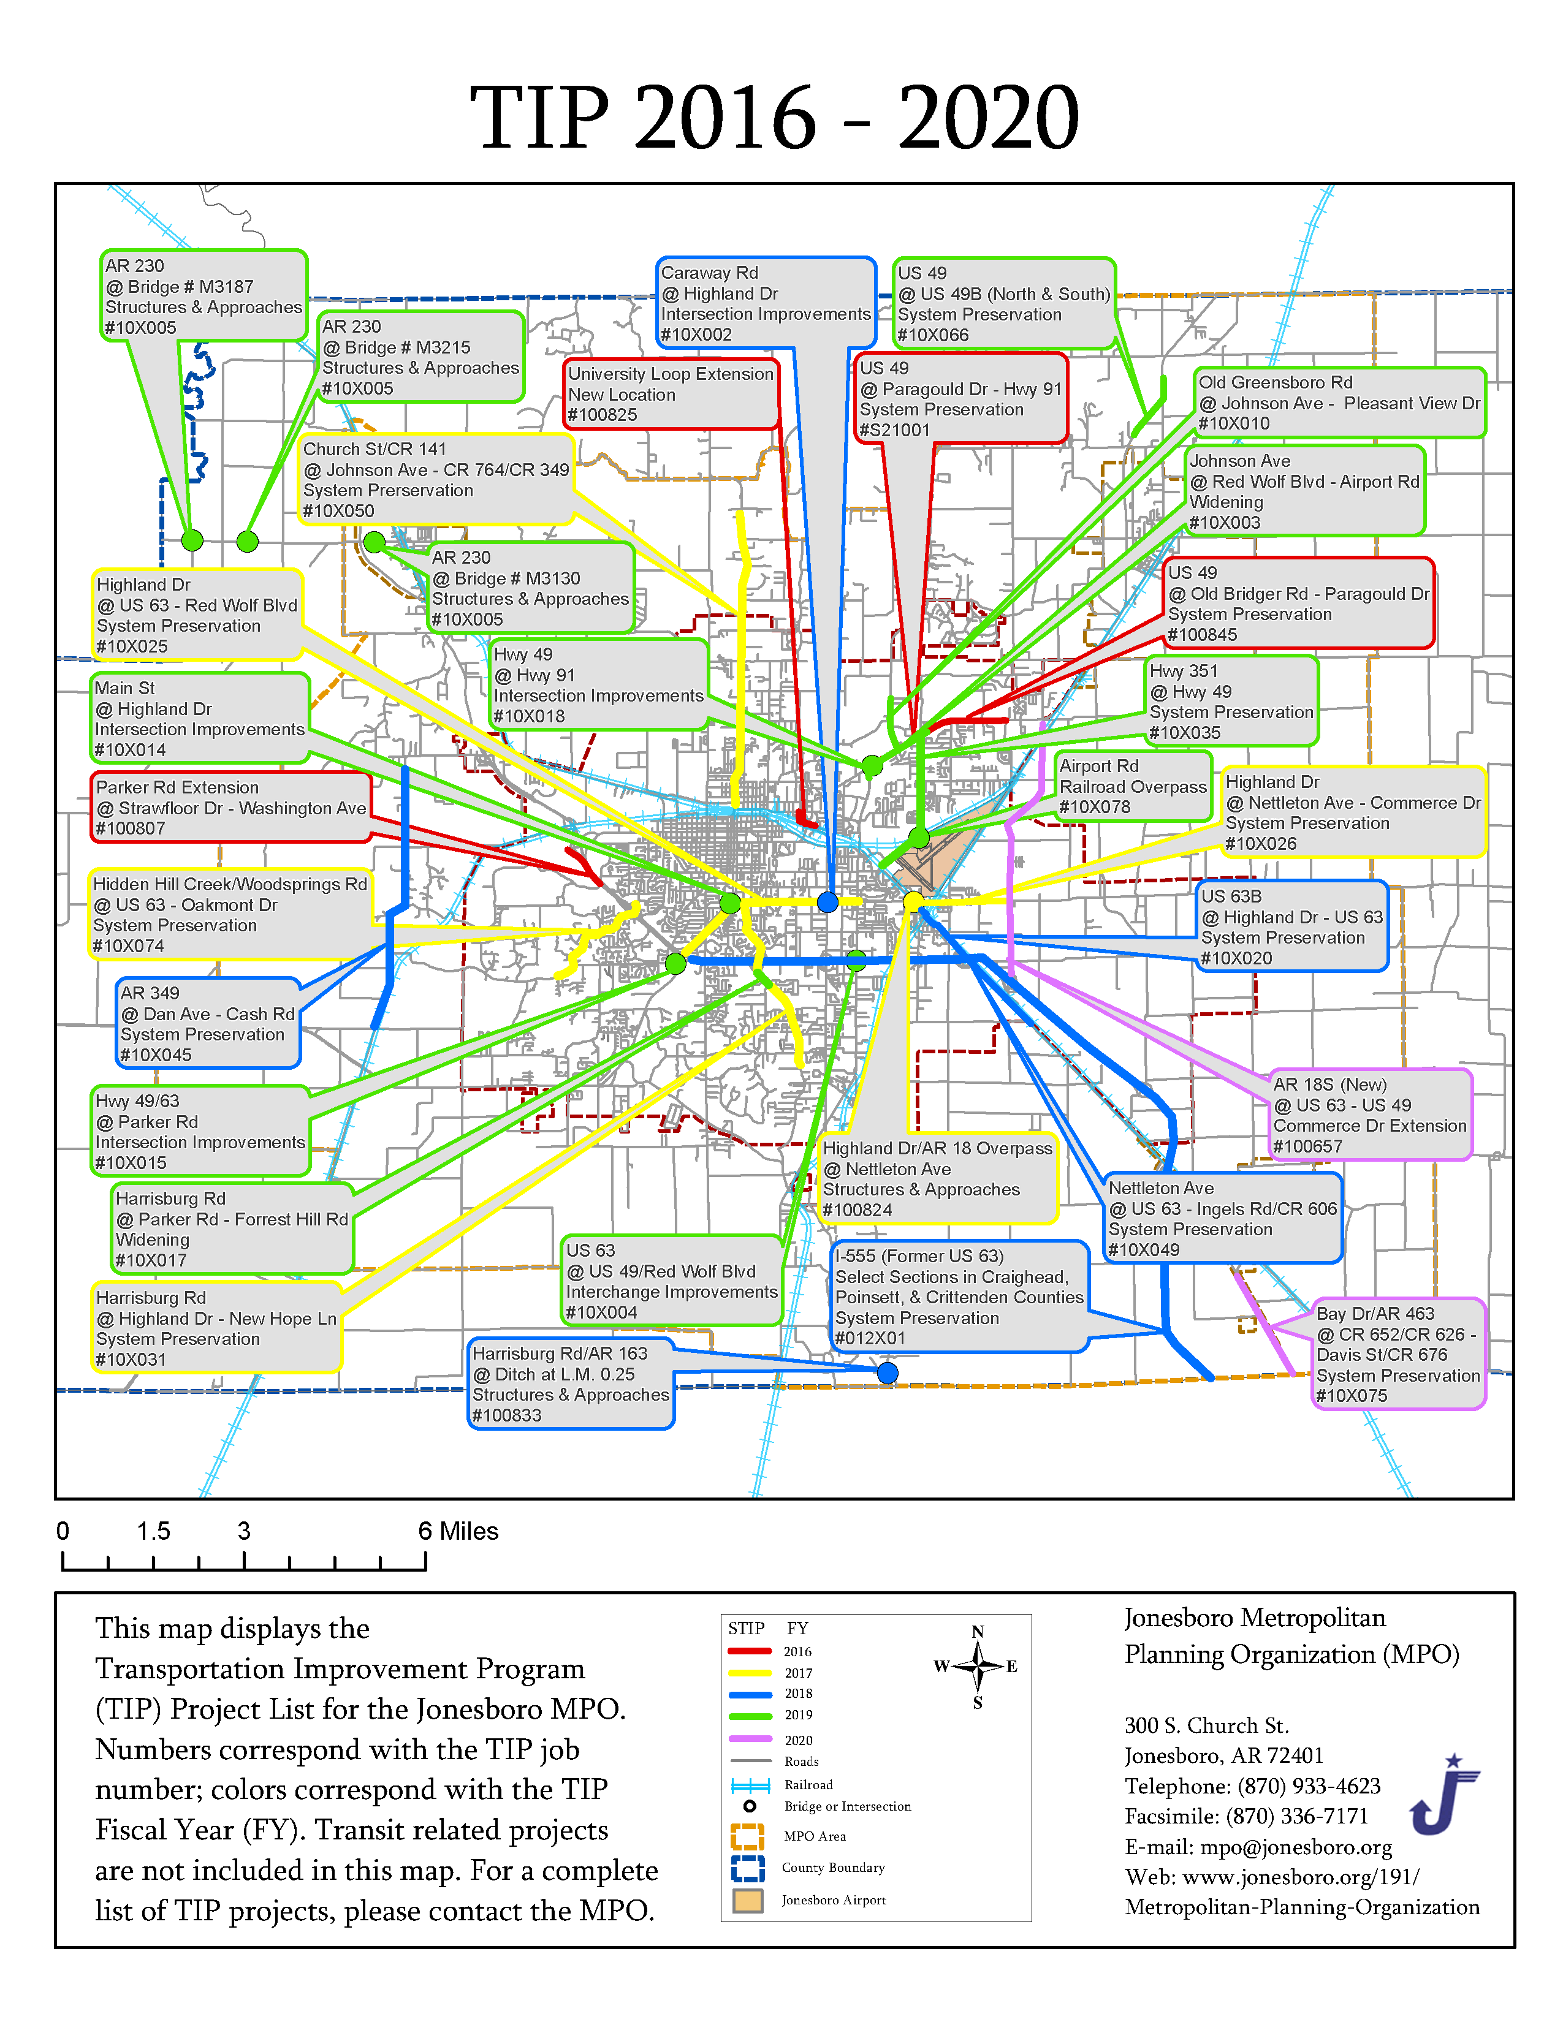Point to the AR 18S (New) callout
(x=1369, y=1115)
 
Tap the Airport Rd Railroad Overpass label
(x=1133, y=786)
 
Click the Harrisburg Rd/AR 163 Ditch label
(x=571, y=1383)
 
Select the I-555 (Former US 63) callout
(x=959, y=1296)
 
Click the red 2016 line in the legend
(x=750, y=1651)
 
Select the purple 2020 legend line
(x=750, y=1739)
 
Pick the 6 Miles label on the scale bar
(x=458, y=1531)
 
